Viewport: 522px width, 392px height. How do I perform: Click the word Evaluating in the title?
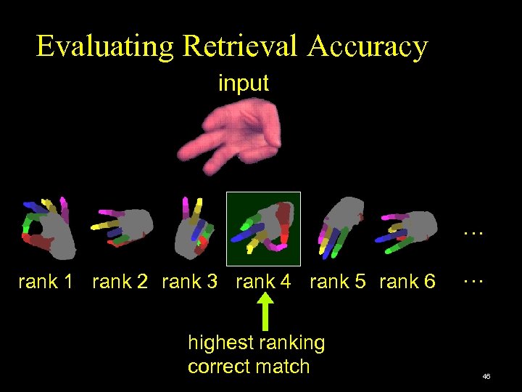pyautogui.click(x=105, y=46)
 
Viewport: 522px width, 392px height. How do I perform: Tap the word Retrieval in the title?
pyautogui.click(x=240, y=46)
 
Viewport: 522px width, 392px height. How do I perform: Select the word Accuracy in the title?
pyautogui.click(x=368, y=46)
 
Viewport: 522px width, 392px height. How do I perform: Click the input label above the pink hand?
pyautogui.click(x=244, y=83)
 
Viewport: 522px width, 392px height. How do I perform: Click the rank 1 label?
pyautogui.click(x=46, y=282)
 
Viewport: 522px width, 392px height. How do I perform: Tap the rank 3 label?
pyautogui.click(x=190, y=282)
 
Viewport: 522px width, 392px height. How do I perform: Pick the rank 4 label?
pyautogui.click(x=264, y=282)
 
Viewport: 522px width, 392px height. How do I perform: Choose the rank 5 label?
pyautogui.click(x=338, y=282)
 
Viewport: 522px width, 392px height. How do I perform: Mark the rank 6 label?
pyautogui.click(x=407, y=282)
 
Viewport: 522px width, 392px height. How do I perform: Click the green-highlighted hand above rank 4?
pyautogui.click(x=264, y=228)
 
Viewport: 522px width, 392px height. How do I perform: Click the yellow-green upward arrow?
pyautogui.click(x=266, y=313)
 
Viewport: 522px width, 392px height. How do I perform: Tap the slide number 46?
pyautogui.click(x=486, y=376)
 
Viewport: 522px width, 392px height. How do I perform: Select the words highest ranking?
pyautogui.click(x=256, y=343)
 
